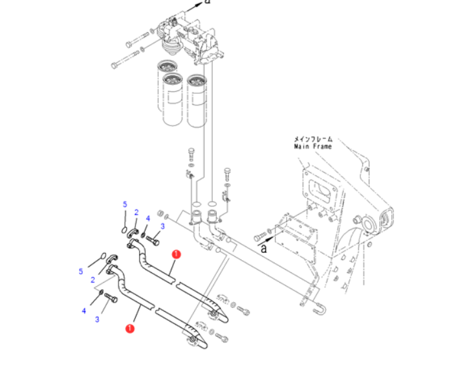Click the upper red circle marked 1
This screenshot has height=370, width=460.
(176, 254)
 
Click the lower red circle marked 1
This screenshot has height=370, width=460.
(129, 329)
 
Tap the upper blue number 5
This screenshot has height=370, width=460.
(125, 204)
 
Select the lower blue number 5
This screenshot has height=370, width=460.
(81, 272)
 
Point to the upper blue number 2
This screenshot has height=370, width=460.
(137, 212)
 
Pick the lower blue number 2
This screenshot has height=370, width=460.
(93, 280)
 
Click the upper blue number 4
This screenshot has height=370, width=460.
(148, 218)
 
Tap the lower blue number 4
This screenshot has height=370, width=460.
(84, 310)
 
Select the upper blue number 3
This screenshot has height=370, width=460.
(162, 226)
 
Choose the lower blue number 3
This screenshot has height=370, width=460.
(97, 319)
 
